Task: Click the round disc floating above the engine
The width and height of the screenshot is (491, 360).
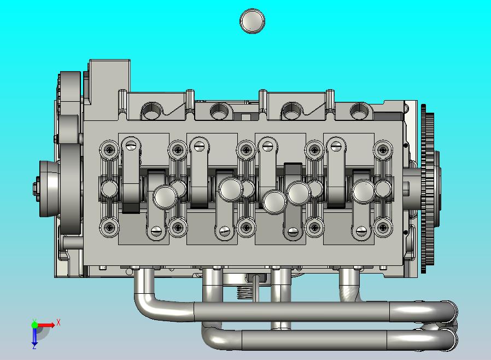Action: pos(253,21)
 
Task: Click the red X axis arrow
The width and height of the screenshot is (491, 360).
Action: pos(46,325)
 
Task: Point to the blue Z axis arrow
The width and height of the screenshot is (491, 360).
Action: pos(34,336)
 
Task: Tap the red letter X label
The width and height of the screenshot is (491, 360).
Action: pos(59,322)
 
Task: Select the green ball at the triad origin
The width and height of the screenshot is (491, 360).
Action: pos(34,324)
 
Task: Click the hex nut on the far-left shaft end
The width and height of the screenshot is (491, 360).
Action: pos(36,188)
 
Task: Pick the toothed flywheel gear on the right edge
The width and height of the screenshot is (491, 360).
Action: pos(428,189)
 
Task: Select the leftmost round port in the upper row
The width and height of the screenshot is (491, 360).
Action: pos(152,111)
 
